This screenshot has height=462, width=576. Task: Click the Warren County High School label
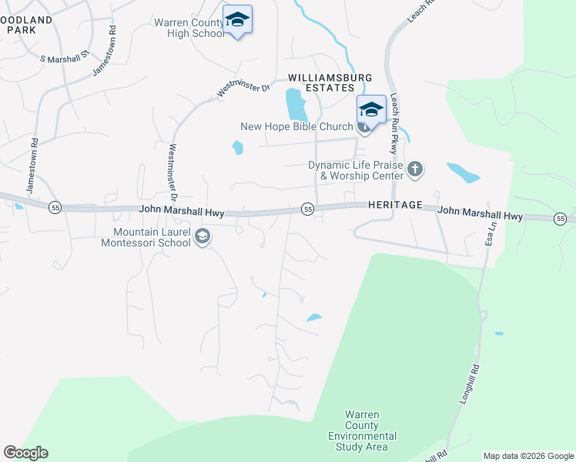(189, 28)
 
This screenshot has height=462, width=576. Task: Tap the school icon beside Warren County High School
(237, 20)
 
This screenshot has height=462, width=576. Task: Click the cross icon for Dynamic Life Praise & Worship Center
(415, 169)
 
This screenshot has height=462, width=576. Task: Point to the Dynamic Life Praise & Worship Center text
(356, 170)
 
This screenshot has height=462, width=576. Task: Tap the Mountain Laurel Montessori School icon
(203, 236)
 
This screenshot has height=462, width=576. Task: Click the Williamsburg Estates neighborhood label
(330, 83)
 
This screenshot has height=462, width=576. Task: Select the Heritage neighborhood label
(396, 206)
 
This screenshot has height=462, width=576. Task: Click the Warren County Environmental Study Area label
(362, 431)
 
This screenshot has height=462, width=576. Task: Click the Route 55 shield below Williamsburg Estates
(307, 209)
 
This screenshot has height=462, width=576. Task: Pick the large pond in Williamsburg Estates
(294, 105)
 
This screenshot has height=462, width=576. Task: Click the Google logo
(25, 453)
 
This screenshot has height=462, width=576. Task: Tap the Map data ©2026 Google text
(527, 456)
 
